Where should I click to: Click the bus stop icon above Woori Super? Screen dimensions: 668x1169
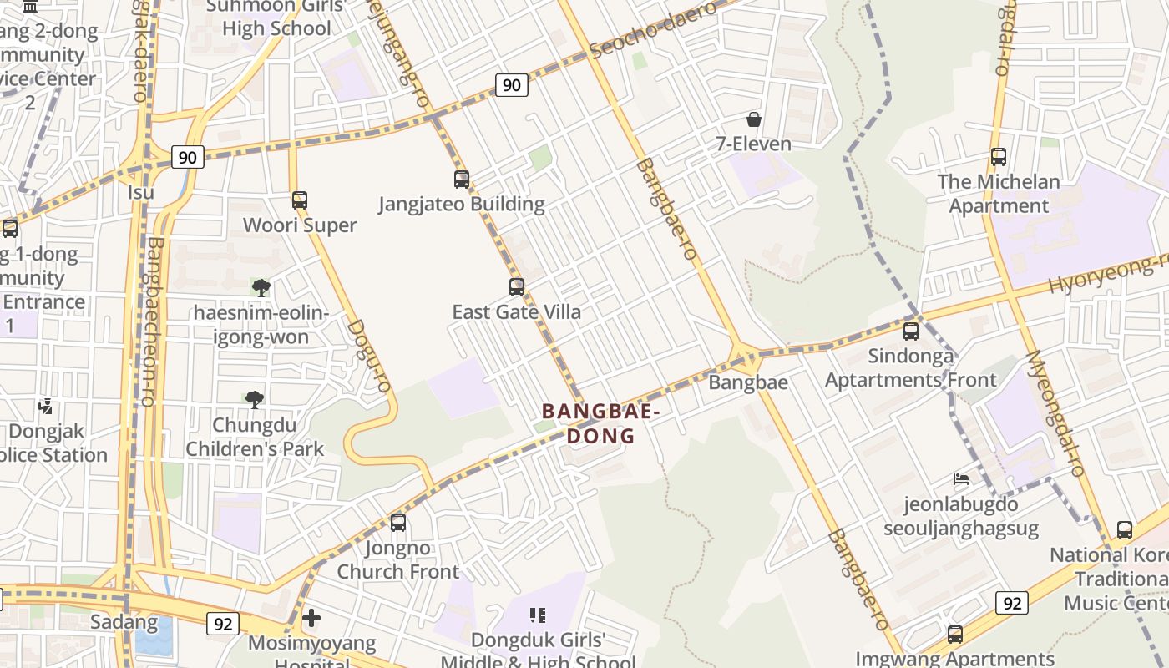(300, 200)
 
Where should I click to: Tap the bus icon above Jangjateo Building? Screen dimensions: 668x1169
(462, 179)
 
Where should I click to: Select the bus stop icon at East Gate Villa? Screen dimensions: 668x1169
(517, 287)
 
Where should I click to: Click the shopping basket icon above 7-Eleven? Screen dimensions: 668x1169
(754, 119)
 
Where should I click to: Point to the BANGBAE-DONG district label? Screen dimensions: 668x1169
(601, 423)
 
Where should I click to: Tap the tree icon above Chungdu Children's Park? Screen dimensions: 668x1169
(255, 399)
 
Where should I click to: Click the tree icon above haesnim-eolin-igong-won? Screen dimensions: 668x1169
(261, 288)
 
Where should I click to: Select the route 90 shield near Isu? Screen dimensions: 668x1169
(188, 157)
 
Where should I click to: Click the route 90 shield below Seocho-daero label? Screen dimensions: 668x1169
(511, 84)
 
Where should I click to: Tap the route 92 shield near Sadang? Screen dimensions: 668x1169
(222, 624)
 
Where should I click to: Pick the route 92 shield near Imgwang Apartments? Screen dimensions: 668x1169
(1011, 602)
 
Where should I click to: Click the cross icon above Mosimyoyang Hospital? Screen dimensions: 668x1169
(311, 618)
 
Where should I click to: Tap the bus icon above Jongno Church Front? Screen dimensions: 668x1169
(398, 523)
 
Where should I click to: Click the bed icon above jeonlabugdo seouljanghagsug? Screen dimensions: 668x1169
(961, 479)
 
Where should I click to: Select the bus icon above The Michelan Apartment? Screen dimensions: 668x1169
(998, 156)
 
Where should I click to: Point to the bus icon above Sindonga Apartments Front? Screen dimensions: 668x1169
(911, 331)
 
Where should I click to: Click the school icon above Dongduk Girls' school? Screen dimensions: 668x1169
(538, 615)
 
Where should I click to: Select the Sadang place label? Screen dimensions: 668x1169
(124, 621)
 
